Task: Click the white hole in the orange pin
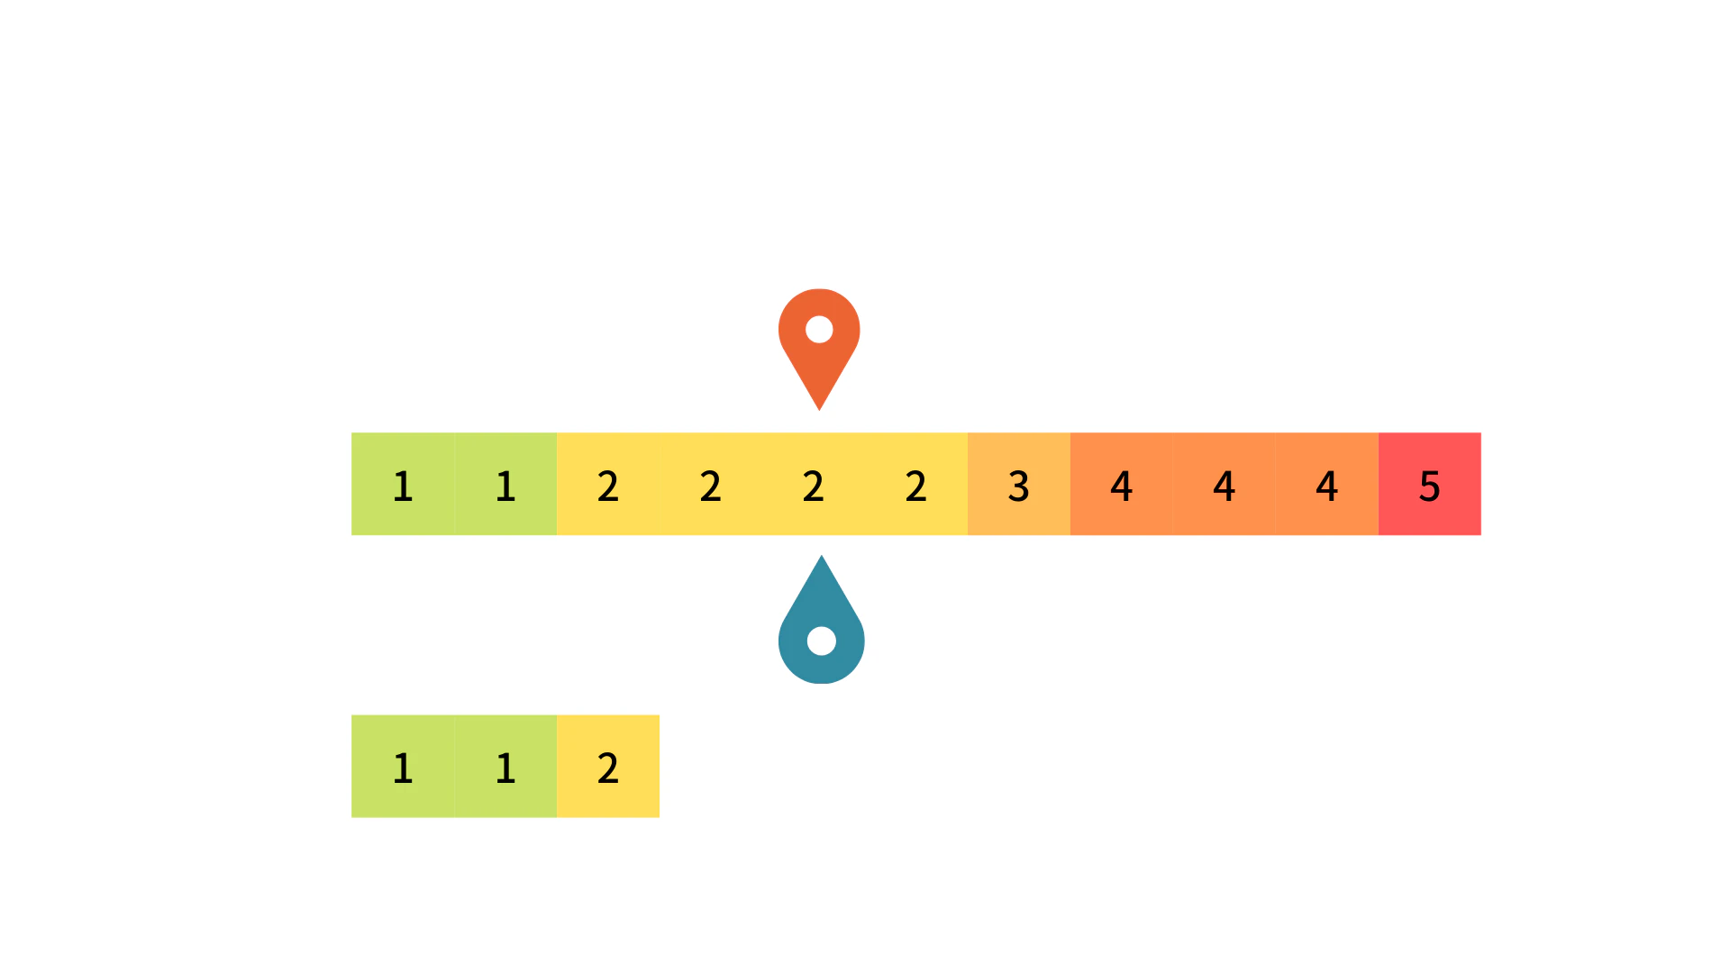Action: coord(819,330)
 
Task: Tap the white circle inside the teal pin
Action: coord(822,641)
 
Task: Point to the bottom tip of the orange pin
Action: coord(819,410)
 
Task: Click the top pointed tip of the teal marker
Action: coord(822,556)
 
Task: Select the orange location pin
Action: coord(819,350)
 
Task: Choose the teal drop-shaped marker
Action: coord(822,619)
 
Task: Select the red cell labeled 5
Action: coord(1430,484)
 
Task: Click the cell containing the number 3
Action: coord(1019,484)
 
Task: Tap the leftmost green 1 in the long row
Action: coord(403,484)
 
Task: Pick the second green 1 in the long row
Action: coord(505,484)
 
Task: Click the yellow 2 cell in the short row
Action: coord(608,766)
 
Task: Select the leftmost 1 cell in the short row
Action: coord(403,766)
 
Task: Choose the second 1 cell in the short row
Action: coord(505,766)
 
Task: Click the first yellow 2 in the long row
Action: coord(608,484)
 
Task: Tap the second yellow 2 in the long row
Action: coord(711,484)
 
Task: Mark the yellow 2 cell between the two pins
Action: coord(814,484)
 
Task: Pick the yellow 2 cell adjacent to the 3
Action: coord(916,484)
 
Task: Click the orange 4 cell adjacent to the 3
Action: coord(1122,484)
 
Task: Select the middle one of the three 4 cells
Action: coord(1225,484)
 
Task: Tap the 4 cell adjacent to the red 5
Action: coord(1327,484)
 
